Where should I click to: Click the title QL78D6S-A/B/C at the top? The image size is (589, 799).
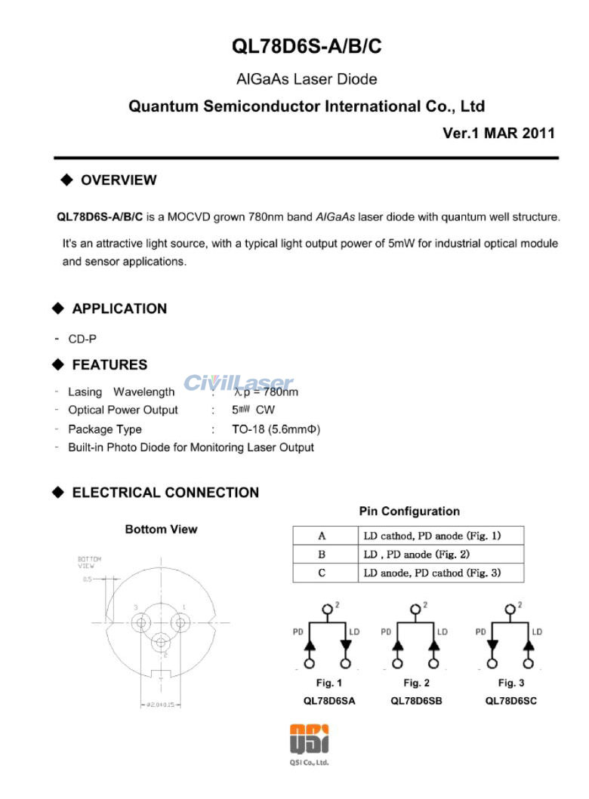coord(307,47)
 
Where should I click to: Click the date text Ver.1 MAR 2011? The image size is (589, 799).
coord(498,134)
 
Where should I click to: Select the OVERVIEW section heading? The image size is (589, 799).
coord(118,180)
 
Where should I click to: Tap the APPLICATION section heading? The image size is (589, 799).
coord(119,309)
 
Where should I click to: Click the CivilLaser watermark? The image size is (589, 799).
coord(238,383)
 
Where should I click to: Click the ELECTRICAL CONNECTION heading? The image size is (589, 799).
coord(165,493)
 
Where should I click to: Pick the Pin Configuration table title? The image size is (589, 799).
coord(409,512)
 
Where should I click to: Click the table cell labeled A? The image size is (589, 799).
coord(322,536)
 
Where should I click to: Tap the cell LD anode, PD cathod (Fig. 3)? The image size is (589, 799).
coord(432,573)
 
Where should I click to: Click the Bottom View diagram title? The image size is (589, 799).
coord(161,530)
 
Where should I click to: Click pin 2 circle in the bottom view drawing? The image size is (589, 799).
coord(160,643)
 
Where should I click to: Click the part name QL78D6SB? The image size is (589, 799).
coord(416,701)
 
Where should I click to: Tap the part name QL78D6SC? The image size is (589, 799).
coord(511,701)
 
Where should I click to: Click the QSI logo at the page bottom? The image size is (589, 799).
coord(309,740)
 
